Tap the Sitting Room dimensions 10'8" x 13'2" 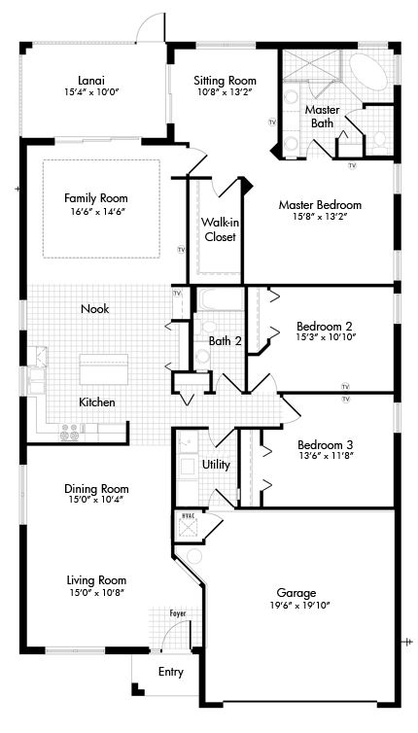225,92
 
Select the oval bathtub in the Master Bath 368,73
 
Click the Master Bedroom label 320,205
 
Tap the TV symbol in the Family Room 182,250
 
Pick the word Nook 95,308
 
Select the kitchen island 104,369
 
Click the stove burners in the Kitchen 69,432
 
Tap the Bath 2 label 225,341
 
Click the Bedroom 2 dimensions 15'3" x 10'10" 327,336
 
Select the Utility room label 216,465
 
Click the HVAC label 188,514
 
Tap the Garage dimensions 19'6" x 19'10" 296,605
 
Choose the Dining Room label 96,489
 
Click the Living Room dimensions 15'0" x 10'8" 96,592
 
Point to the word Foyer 178,612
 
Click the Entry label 171,672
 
